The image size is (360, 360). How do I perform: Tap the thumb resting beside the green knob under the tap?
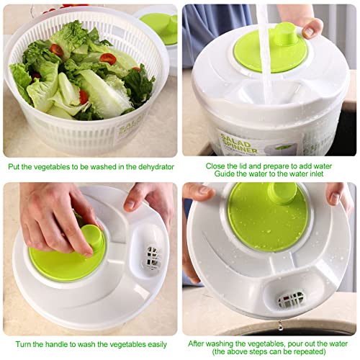tap(311, 28)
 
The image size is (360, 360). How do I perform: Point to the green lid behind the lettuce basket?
tap(162, 25)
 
